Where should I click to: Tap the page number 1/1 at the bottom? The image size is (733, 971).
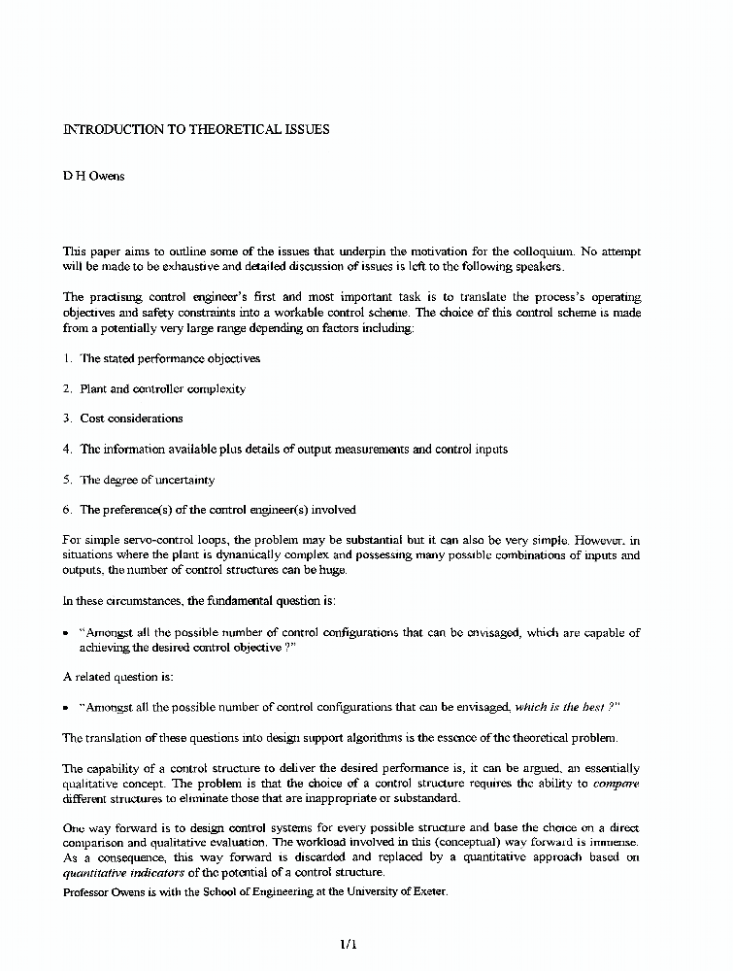point(349,943)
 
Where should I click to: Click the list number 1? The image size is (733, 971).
point(68,358)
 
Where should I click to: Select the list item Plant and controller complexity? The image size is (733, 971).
point(162,388)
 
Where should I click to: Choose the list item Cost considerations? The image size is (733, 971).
point(131,419)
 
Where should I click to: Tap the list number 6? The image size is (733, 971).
point(68,510)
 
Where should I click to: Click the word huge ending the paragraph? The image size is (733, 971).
point(358,570)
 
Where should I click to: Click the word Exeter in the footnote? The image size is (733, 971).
point(427,891)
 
